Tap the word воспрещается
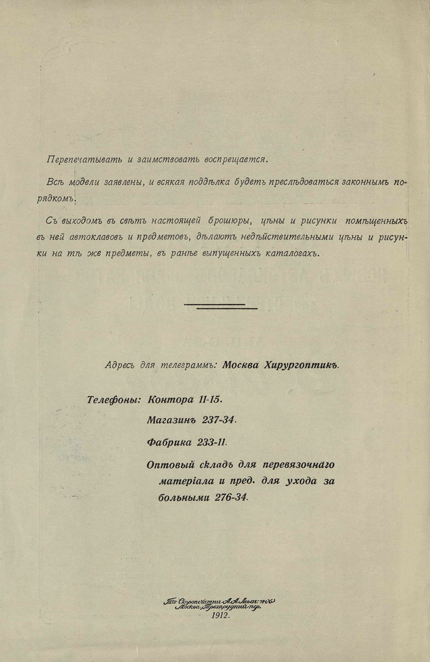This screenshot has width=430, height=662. click(238, 159)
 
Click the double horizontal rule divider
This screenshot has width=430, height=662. click(221, 306)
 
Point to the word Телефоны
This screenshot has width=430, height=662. click(114, 399)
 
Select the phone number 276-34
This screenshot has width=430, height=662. click(232, 497)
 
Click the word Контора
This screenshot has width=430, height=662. click(170, 399)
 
